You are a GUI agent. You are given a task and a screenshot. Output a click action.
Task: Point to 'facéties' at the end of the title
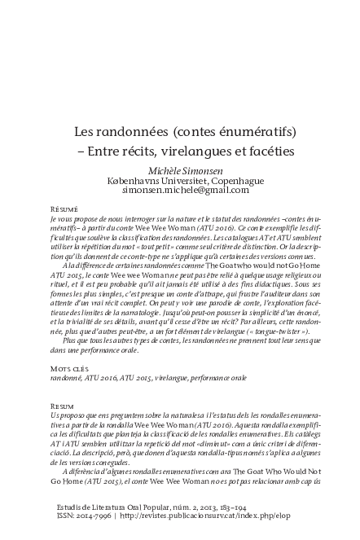tap(270, 151)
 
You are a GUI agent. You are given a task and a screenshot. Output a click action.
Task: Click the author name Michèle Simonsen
tap(179, 171)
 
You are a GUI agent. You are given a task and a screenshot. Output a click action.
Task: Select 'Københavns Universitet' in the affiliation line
tap(154, 181)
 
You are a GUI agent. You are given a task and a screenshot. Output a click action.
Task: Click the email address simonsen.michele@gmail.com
tap(179, 191)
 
